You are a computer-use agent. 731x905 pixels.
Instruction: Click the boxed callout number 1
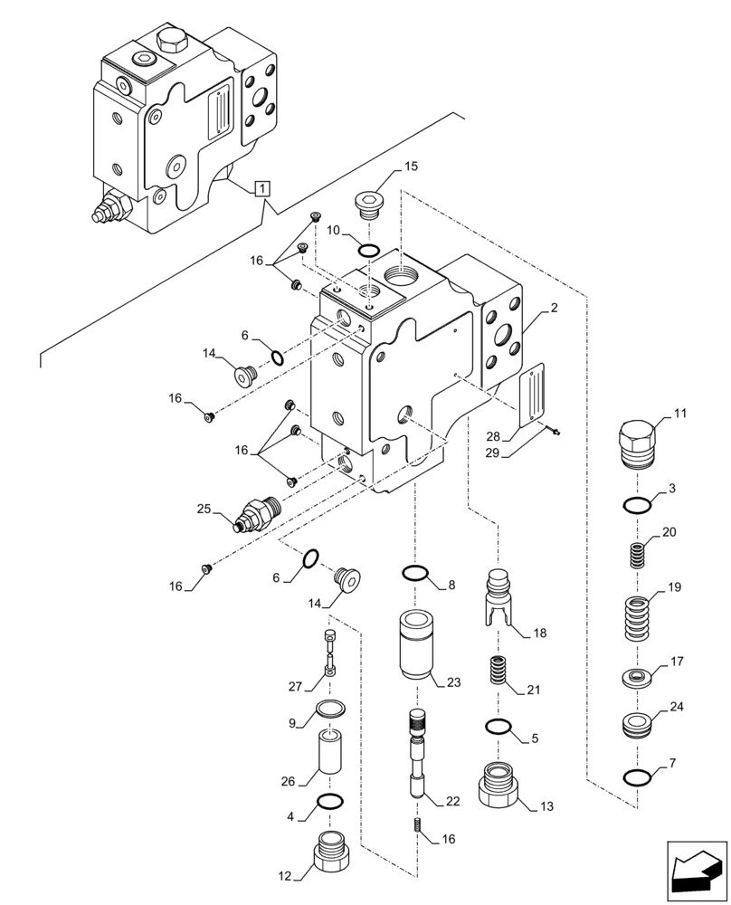tap(261, 188)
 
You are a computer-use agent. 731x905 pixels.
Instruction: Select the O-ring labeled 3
tap(637, 505)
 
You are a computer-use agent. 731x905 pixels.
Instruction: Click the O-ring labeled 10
tap(370, 250)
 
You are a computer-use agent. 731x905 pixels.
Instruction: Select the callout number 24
tap(678, 708)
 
